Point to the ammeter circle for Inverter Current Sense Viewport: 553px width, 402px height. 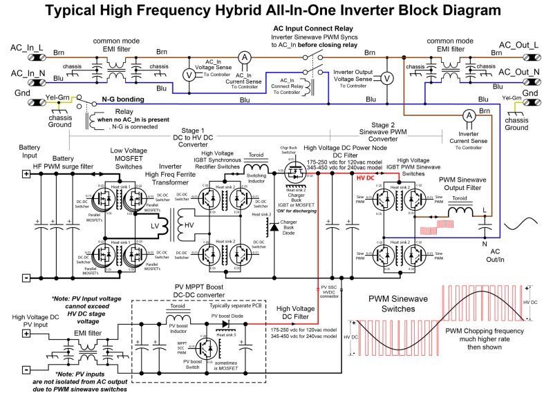469,115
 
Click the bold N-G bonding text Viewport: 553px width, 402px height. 123,99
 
